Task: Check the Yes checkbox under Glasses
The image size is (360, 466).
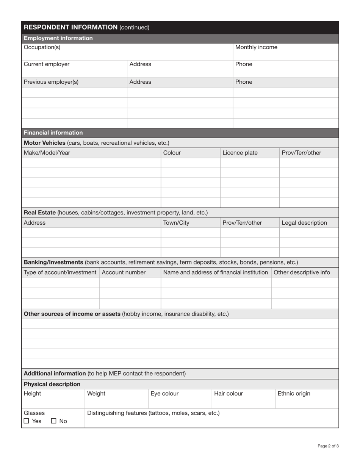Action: [26, 421]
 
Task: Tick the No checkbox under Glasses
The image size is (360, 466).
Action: [53, 421]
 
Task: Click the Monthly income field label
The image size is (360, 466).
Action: [256, 47]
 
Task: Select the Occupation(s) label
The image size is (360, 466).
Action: [42, 47]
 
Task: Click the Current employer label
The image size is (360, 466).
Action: [47, 64]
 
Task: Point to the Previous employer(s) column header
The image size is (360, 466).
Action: [51, 82]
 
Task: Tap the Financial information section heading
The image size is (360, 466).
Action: [53, 133]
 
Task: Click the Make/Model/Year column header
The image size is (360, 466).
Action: [47, 153]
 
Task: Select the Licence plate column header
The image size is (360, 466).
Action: [240, 153]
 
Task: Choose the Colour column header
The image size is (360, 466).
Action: [172, 153]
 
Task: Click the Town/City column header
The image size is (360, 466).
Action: [176, 223]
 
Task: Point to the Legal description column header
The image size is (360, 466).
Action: [304, 223]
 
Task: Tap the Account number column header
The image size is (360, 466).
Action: [124, 272]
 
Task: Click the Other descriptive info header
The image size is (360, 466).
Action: [302, 272]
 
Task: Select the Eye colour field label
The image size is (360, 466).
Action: [164, 394]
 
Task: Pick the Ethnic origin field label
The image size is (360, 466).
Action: [294, 394]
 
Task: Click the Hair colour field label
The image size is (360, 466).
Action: [229, 394]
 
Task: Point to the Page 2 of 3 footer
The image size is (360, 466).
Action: [328, 446]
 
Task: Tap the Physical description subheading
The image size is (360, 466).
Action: [52, 384]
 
